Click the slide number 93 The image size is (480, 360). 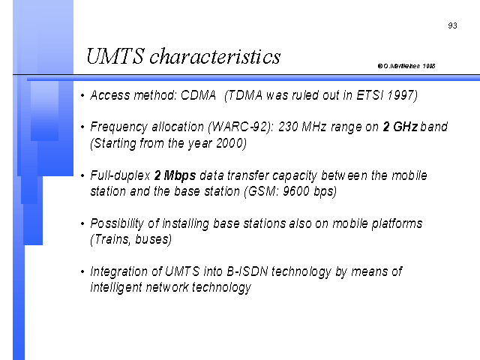452,25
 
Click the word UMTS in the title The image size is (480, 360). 115,56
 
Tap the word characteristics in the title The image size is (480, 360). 215,56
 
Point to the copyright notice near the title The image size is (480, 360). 406,66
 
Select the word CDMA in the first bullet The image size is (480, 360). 198,95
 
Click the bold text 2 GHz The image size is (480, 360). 400,127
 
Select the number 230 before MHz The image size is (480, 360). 288,127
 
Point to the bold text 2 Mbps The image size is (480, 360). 175,175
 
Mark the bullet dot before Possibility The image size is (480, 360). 82,223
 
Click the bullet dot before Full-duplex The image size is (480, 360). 82,175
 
